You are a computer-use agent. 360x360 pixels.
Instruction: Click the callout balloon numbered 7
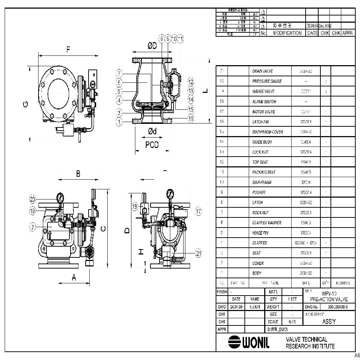point(120,73)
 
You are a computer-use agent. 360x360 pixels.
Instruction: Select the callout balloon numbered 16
point(191,118)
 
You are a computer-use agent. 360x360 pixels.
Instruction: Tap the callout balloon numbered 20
point(33,199)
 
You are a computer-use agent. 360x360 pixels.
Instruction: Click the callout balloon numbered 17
point(198,211)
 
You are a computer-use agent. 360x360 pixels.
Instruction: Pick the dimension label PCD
point(152,145)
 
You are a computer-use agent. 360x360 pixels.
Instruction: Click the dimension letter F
point(68,50)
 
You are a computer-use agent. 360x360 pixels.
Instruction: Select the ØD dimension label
point(152,46)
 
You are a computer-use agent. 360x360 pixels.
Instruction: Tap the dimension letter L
point(205,91)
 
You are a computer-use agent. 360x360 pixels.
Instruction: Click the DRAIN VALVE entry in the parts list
point(262,71)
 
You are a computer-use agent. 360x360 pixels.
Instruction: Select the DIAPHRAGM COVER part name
point(267,132)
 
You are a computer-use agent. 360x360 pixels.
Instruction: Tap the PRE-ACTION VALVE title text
point(329,299)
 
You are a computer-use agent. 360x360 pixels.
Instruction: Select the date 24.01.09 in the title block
point(236,307)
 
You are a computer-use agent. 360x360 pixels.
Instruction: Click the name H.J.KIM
point(255,307)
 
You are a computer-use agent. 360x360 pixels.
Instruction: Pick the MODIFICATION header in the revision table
point(287,33)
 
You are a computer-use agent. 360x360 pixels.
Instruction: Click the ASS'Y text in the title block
point(329,321)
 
